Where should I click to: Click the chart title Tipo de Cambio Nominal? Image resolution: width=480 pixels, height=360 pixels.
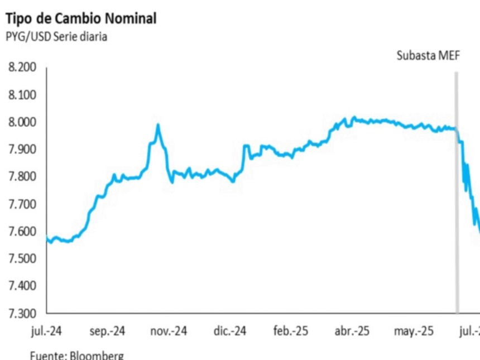(81, 18)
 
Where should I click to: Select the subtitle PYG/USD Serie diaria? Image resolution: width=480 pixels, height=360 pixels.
(56, 37)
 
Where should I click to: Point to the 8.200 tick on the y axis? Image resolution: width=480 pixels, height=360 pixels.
(22, 68)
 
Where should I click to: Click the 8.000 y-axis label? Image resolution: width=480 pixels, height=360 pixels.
(22, 122)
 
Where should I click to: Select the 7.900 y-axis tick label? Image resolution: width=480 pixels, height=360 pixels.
(22, 150)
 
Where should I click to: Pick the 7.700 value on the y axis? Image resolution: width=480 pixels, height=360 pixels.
(22, 204)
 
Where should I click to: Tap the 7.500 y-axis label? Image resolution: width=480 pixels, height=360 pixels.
(22, 258)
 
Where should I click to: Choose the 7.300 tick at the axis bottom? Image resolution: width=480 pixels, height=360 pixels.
(22, 313)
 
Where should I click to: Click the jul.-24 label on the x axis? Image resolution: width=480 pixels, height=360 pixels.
(46, 332)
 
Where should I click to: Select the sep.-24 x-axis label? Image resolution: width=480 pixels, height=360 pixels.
(107, 332)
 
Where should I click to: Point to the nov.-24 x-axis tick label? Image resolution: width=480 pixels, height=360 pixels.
(169, 332)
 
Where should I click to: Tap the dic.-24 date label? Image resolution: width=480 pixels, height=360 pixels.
(231, 332)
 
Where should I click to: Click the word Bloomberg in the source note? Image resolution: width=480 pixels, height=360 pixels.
(98, 355)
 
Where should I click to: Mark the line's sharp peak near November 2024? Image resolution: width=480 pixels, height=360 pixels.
(159, 125)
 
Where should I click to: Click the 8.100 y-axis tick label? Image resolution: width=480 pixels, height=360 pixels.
(22, 95)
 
